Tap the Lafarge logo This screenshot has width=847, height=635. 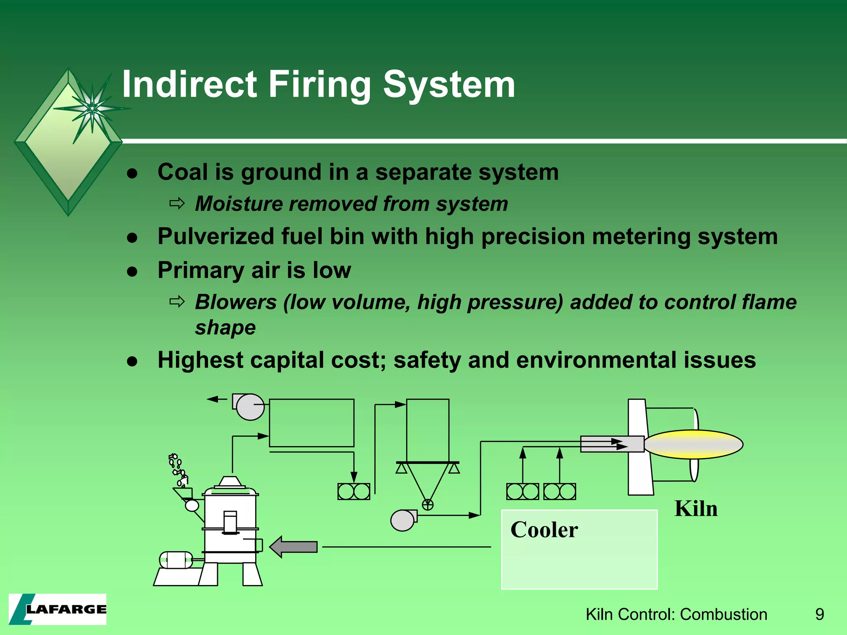[57, 609]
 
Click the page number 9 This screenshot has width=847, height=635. [819, 614]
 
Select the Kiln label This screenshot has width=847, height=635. [696, 509]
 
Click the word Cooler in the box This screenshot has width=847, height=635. [544, 530]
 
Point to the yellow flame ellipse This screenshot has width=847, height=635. [694, 444]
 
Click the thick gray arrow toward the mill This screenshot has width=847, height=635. [294, 547]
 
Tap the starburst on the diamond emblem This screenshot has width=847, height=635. [92, 108]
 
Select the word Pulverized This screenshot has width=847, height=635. [216, 237]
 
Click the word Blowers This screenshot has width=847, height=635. [235, 302]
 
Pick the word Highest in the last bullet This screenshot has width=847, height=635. [200, 360]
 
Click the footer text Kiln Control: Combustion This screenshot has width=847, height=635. [676, 614]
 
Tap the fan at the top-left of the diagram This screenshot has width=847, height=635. [249, 407]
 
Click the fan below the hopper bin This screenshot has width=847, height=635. [403, 520]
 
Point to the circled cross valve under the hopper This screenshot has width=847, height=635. [428, 504]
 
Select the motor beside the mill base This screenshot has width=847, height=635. [176, 560]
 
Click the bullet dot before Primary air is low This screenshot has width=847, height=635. [132, 272]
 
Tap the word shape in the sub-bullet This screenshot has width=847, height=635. [225, 328]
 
